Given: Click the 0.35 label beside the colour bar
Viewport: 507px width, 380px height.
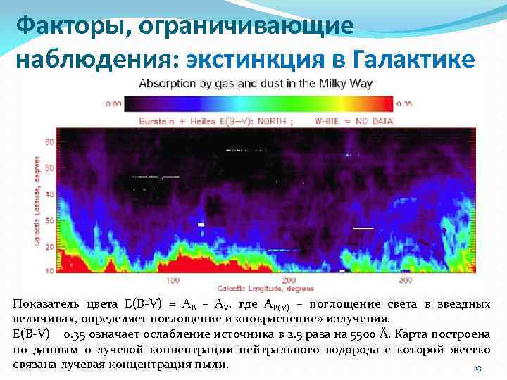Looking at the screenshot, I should [x=404, y=103].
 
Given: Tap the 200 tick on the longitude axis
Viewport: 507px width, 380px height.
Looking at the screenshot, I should [x=288, y=280].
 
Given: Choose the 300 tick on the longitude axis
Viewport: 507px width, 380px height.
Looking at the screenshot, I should [x=404, y=280].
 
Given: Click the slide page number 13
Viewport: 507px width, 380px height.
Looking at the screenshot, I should [x=477, y=369].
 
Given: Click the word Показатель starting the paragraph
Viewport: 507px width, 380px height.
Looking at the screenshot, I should [x=46, y=304].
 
